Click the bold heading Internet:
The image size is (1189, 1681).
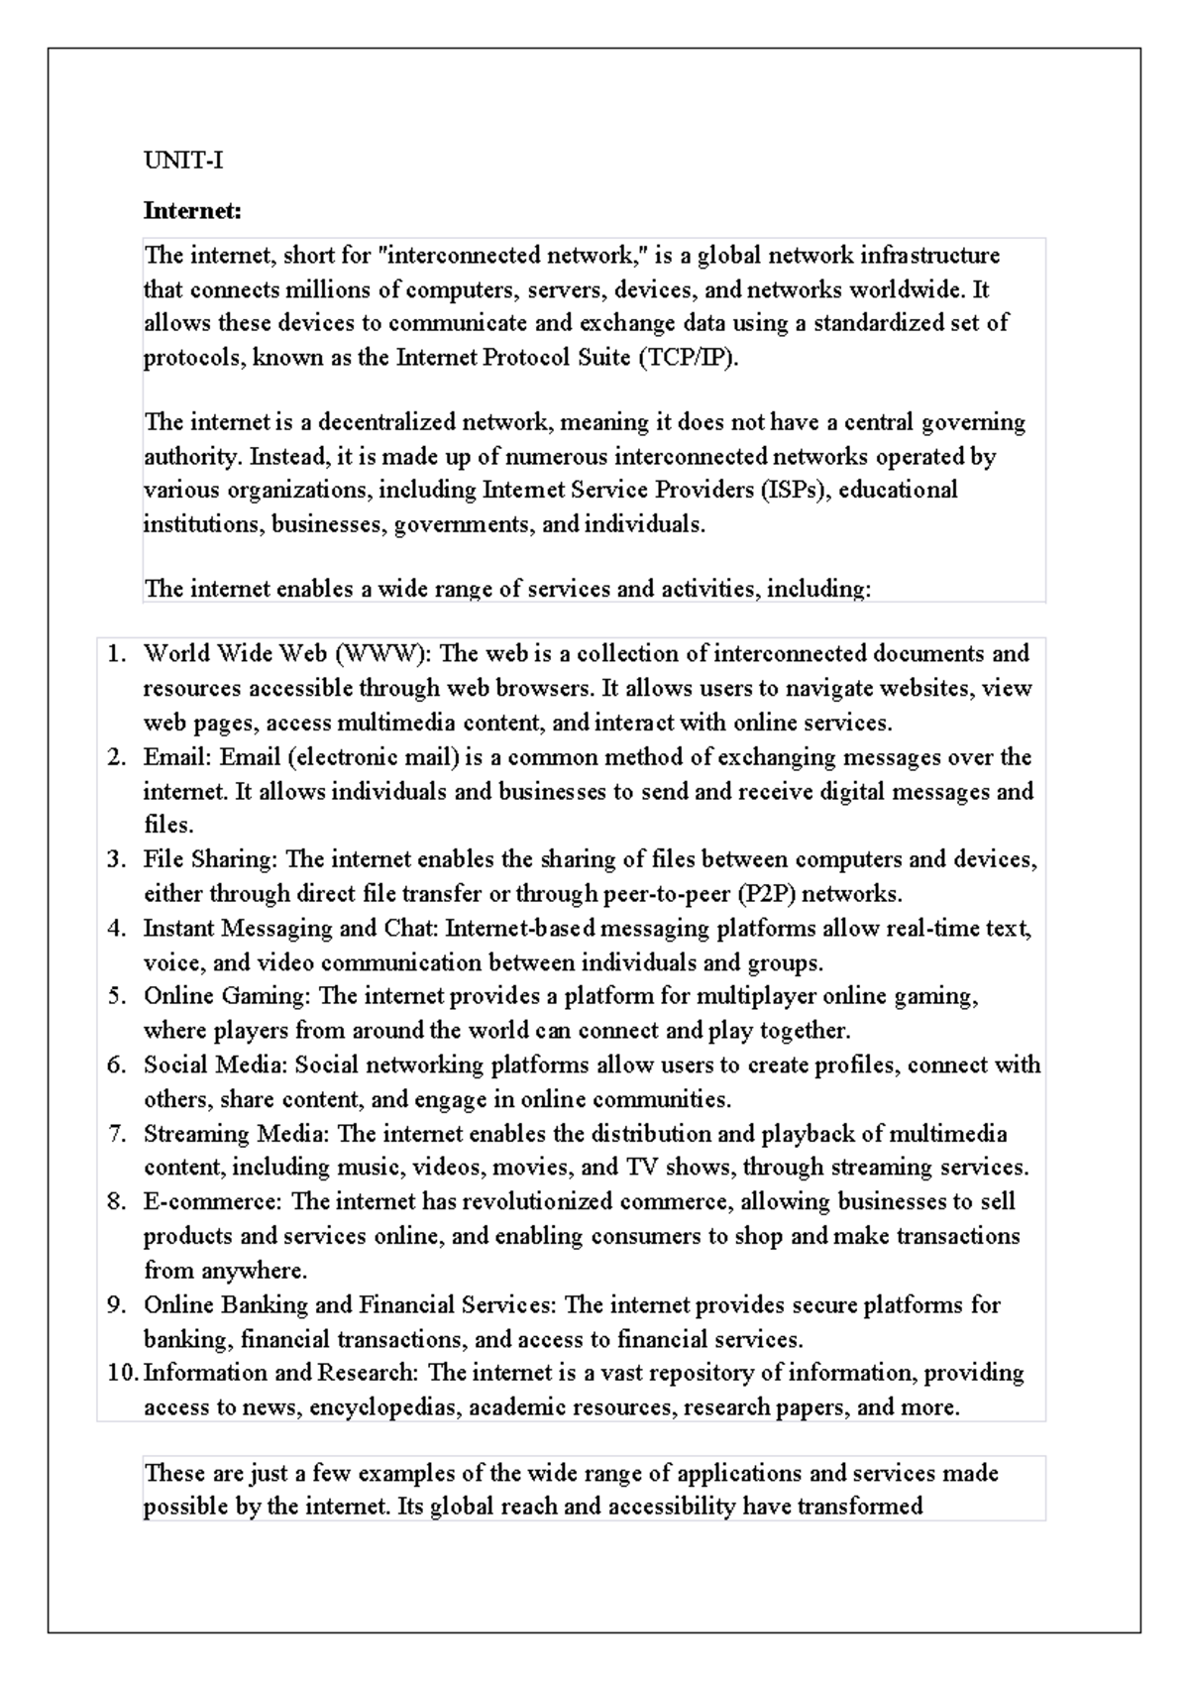click(x=192, y=211)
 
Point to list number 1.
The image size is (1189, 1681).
click(x=117, y=654)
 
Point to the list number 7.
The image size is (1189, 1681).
click(x=117, y=1134)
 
